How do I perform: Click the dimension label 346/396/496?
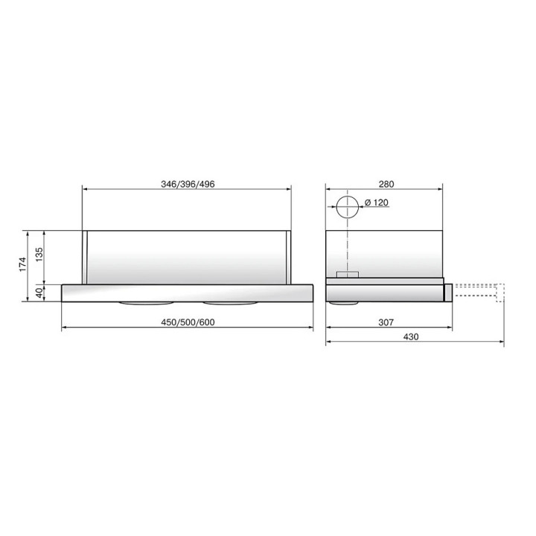[x=188, y=185]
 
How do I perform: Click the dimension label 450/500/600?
[x=188, y=322]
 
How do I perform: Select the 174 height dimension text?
[x=22, y=264]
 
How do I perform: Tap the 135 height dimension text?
[x=39, y=255]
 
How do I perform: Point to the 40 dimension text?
[x=39, y=293]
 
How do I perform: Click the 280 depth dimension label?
[x=386, y=185]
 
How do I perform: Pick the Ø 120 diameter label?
[x=377, y=202]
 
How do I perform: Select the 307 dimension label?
[x=386, y=322]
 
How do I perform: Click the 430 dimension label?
[x=411, y=337]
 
